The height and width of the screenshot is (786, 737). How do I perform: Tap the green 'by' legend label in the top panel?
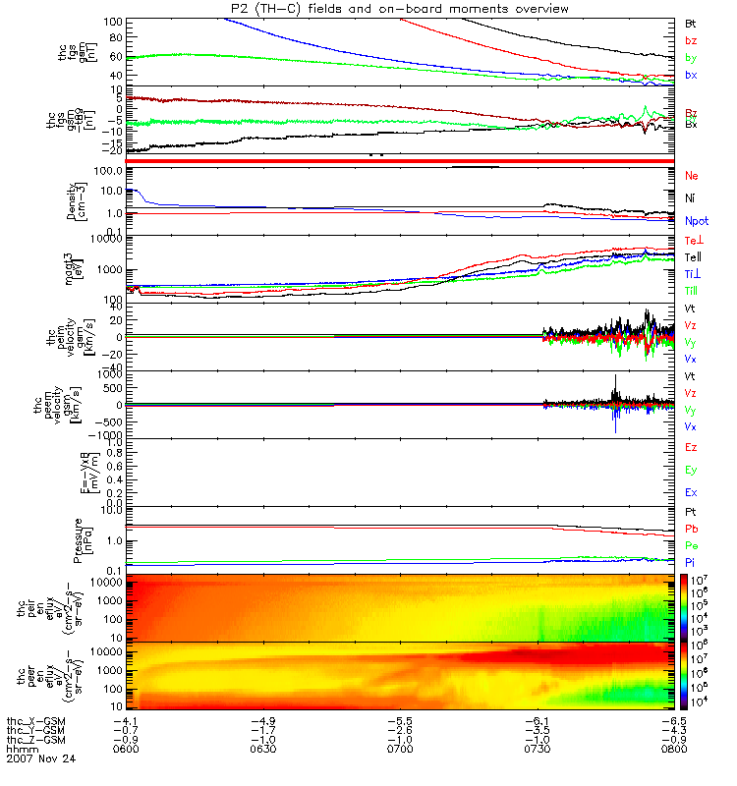690,58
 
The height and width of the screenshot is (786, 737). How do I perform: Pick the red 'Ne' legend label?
692,176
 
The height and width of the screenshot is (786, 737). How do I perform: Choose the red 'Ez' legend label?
691,447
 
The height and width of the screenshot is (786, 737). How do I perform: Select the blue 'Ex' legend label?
691,492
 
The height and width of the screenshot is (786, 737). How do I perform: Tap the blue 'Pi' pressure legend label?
690,561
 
